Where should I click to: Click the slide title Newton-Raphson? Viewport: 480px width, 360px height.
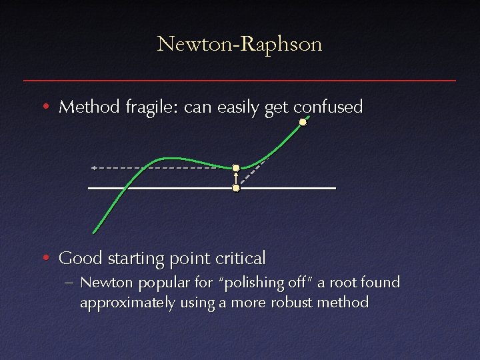click(x=240, y=45)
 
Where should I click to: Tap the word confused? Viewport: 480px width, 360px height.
click(x=328, y=107)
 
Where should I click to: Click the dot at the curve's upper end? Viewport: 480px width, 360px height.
click(x=303, y=122)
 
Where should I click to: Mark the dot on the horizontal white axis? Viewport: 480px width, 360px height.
click(x=235, y=189)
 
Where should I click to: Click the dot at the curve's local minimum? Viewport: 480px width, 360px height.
click(x=235, y=168)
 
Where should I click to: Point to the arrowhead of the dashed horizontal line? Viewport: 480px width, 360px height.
click(x=94, y=167)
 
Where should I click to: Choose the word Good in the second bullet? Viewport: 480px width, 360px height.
click(x=75, y=257)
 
